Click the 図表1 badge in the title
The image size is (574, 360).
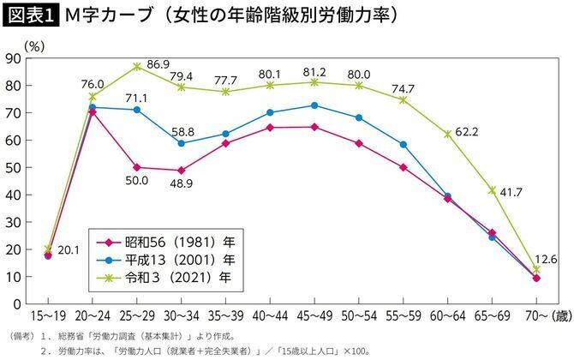click(x=28, y=15)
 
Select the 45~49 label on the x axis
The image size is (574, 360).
click(x=314, y=317)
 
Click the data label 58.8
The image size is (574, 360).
click(x=182, y=132)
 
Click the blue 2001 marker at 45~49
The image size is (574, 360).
click(x=314, y=105)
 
